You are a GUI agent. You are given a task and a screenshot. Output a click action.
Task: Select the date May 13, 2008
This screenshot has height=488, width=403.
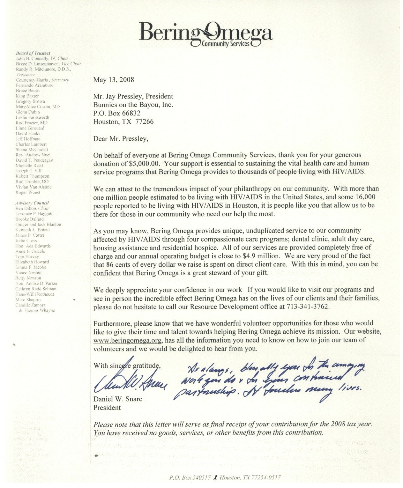point(114,80)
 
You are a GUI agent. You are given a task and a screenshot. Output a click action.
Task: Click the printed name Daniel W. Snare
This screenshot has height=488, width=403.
point(118,399)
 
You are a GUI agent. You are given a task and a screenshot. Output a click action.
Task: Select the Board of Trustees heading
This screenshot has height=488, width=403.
point(33,53)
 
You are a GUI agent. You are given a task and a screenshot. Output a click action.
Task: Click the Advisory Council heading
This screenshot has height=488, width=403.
point(32,203)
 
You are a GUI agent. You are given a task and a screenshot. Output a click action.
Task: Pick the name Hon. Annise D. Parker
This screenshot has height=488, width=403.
point(36,283)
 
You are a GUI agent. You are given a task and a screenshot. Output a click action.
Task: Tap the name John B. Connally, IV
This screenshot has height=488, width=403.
point(36,59)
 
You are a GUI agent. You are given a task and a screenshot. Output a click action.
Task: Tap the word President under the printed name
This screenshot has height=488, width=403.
point(107,407)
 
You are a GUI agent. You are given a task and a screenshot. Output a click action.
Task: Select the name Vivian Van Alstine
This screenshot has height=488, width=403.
point(34,187)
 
